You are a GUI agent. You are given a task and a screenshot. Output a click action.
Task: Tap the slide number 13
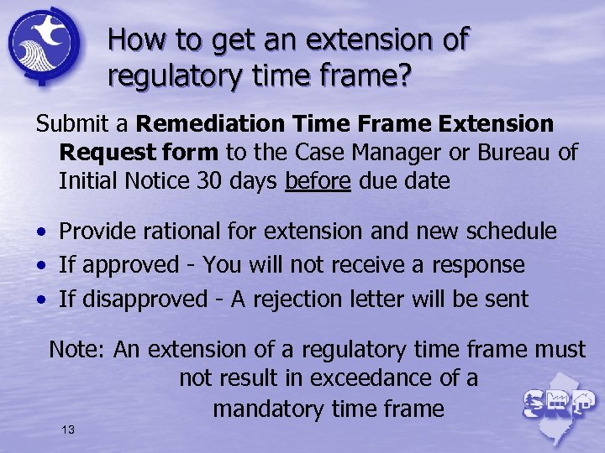point(68,430)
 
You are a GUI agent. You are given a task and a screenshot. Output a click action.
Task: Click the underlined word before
point(318,180)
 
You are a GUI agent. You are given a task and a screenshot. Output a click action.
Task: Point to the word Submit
point(71,124)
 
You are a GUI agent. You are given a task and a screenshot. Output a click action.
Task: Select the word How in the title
point(132,39)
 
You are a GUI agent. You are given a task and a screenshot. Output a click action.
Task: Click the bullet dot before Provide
point(40,232)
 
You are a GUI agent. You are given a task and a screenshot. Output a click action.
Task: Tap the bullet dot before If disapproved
point(40,299)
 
